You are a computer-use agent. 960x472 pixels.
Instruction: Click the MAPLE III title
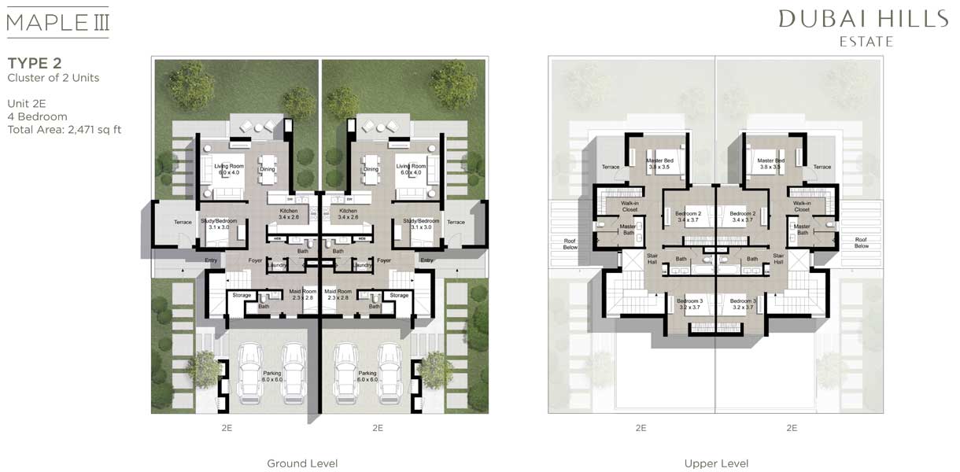[x=57, y=20]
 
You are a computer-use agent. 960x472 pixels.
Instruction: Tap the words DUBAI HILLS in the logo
[x=863, y=20]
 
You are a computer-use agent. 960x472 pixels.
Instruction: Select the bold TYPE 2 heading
[x=35, y=63]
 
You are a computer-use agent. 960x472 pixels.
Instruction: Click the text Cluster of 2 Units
[x=53, y=78]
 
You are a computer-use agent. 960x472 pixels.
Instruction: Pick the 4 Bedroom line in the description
[x=37, y=116]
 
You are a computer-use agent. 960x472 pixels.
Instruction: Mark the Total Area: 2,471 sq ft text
[x=64, y=130]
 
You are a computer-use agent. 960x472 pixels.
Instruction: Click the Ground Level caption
[x=302, y=463]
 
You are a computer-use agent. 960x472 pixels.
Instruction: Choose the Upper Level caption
[x=716, y=463]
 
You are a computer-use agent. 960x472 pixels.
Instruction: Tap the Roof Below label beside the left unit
[x=570, y=243]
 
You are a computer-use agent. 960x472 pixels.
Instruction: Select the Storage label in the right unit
[x=399, y=295]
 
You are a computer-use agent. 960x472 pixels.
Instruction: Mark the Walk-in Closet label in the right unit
[x=801, y=206]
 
